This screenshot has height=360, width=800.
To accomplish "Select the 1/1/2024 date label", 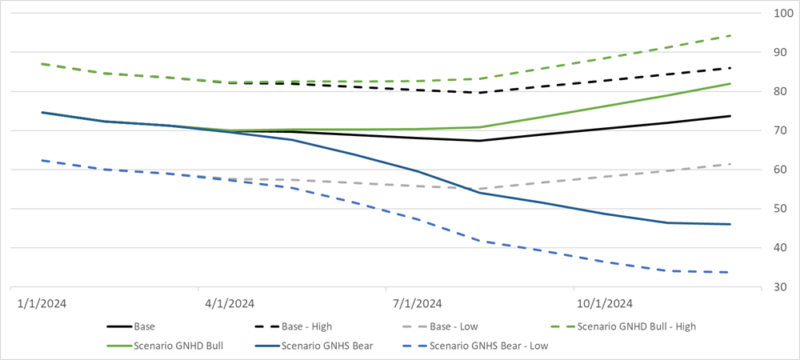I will [42, 303].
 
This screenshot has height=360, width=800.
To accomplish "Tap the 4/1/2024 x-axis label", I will [230, 303].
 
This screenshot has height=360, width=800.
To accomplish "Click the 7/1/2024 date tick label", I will [417, 303].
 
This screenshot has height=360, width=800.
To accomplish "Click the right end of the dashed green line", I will [730, 36].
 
